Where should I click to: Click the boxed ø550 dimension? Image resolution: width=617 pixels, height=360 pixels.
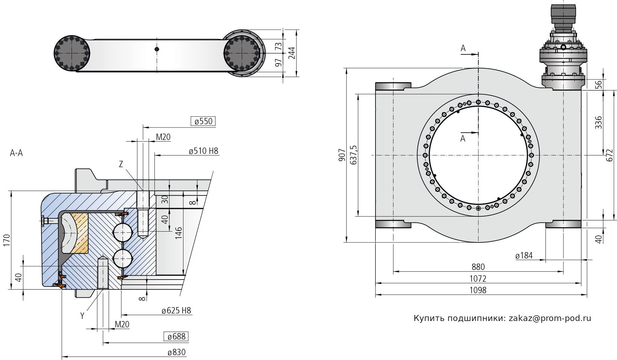(x=203, y=121)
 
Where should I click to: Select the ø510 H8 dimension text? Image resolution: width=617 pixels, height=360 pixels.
(x=203, y=151)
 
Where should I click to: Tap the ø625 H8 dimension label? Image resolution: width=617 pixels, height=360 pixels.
(x=177, y=310)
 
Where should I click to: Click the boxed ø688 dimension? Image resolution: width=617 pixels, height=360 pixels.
(x=176, y=336)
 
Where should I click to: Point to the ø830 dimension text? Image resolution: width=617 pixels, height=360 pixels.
(x=177, y=352)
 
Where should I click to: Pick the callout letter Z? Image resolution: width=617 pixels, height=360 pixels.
(x=121, y=164)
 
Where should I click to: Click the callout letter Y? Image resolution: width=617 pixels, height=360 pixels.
(x=82, y=316)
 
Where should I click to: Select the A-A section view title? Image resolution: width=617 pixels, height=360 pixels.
(x=16, y=153)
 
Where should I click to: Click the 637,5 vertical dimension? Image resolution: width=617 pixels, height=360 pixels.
(x=353, y=155)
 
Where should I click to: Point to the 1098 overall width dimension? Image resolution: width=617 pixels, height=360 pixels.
(x=478, y=290)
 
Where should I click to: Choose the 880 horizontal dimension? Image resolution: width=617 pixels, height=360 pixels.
(x=478, y=267)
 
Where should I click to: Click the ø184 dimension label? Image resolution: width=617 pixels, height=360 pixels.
(x=524, y=256)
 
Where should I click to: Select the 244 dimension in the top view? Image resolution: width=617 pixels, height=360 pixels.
(x=291, y=53)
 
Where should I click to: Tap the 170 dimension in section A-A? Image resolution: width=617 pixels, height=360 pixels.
(x=7, y=240)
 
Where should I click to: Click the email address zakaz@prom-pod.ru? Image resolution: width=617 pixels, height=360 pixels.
(x=550, y=318)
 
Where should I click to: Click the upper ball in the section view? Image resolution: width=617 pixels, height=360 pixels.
(x=123, y=232)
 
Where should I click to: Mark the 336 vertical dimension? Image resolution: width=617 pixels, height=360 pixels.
(x=598, y=122)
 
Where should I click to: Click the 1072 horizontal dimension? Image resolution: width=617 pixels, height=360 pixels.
(x=478, y=278)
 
